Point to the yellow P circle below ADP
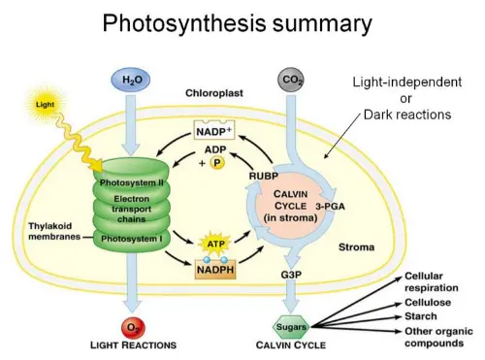pyautogui.click(x=218, y=164)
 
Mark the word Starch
pyautogui.click(x=420, y=314)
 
